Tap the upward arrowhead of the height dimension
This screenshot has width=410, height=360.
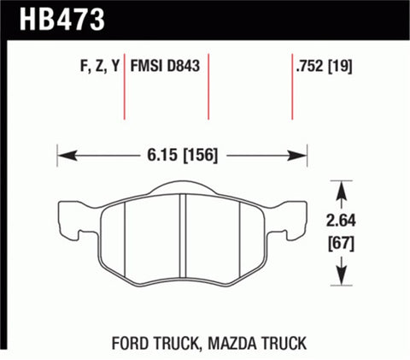tap(343, 186)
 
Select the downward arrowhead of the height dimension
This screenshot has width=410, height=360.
tap(343, 279)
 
